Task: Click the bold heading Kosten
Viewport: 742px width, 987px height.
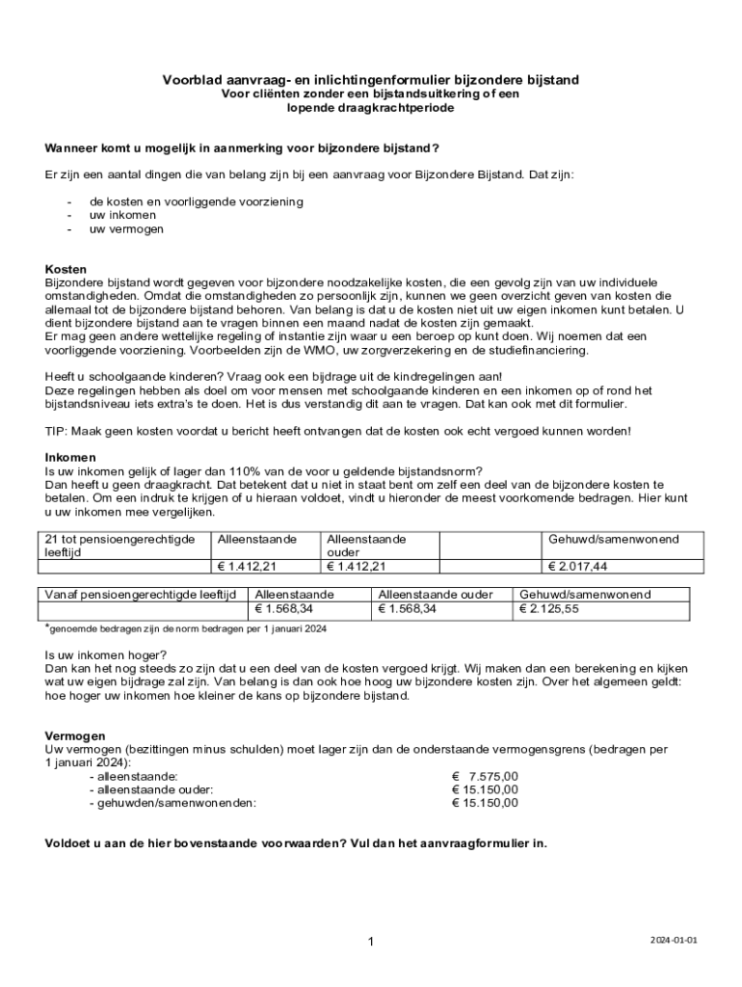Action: coord(66,269)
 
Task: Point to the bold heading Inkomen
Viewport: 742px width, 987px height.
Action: coord(70,457)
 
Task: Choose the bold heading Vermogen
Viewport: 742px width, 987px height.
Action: coord(75,735)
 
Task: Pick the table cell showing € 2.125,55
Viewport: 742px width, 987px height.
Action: coord(549,609)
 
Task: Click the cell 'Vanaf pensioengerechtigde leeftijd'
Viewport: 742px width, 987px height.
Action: coord(141,595)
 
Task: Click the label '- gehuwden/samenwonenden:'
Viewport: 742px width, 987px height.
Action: coord(172,802)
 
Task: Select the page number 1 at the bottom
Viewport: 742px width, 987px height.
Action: coord(370,941)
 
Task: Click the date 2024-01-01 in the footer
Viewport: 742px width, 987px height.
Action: coord(672,939)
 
